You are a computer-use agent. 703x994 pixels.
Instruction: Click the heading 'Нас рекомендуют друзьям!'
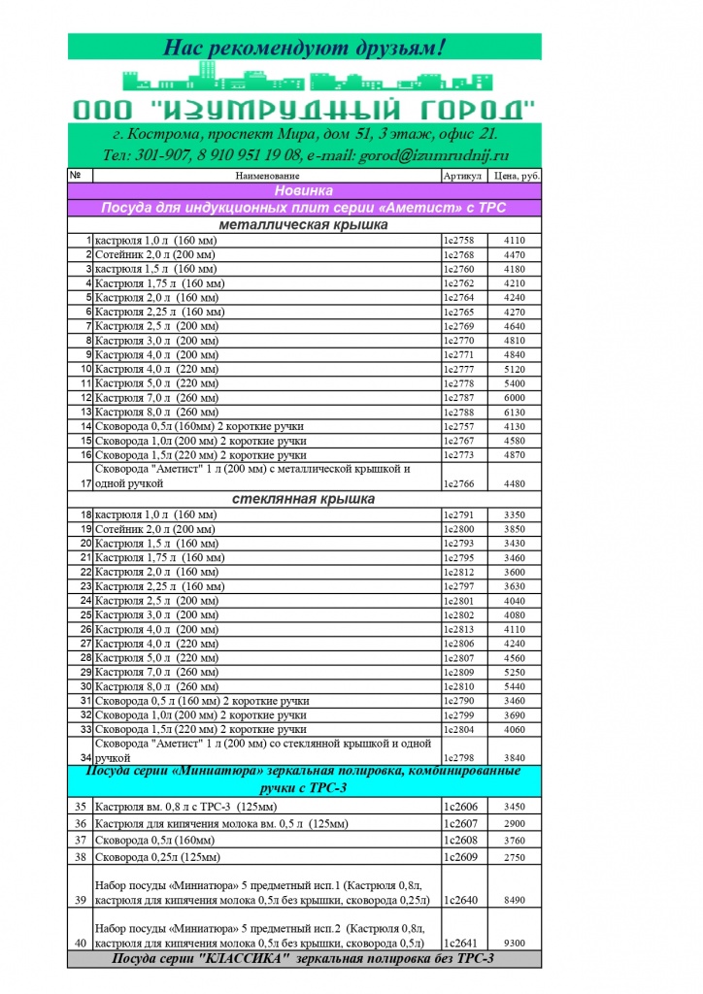coord(304,47)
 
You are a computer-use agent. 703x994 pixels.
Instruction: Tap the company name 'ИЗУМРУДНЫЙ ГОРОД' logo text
coord(304,106)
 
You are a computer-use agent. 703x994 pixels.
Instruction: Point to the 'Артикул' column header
coord(462,176)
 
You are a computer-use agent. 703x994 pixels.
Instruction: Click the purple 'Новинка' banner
coord(304,191)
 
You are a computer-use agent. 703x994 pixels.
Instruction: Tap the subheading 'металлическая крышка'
coord(304,224)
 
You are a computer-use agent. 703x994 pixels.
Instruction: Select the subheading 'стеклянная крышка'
coord(304,499)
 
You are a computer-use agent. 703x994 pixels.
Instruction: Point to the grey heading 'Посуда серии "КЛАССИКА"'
coord(304,959)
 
